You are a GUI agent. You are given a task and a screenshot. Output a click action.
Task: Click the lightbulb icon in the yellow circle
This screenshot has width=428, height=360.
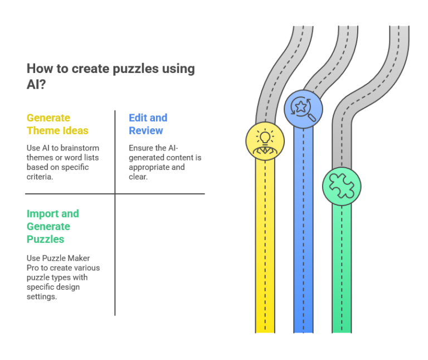coord(265,140)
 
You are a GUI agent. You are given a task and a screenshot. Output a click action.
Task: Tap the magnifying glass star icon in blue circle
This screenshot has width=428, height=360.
coord(303,109)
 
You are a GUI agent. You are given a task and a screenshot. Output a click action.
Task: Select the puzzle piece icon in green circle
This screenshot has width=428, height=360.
coord(341,186)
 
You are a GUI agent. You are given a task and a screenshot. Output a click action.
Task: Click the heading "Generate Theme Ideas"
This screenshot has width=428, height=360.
coord(57,124)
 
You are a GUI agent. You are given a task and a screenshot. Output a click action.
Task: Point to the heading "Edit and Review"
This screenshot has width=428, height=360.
coord(148,124)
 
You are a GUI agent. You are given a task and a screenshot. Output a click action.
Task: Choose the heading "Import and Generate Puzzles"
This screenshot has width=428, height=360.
coord(53,226)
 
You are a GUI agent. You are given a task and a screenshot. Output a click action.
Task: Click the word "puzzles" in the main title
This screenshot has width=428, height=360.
coord(130,69)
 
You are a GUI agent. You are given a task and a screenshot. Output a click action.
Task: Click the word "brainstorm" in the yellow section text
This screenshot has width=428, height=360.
coord(82,148)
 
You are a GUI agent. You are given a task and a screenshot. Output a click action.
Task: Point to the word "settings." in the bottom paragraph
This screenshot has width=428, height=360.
coord(42,296)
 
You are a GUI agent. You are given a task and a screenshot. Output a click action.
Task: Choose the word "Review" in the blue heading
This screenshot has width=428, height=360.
coord(146,131)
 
